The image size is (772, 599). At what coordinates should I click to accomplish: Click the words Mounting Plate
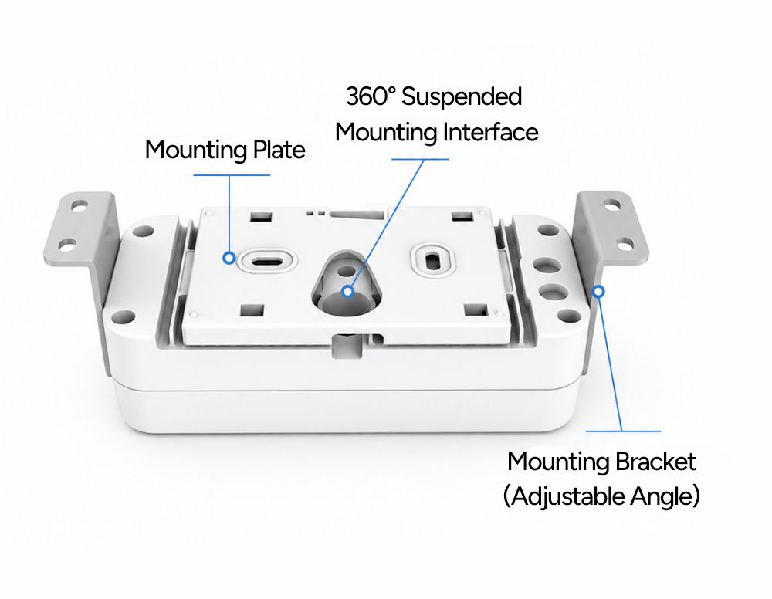coord(225,150)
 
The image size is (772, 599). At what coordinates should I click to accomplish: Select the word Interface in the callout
coord(490,133)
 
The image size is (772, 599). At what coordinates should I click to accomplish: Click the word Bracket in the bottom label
coord(655,462)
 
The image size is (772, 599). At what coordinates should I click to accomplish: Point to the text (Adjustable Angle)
coord(601,496)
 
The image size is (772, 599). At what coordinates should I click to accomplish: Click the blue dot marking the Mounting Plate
coord(229,257)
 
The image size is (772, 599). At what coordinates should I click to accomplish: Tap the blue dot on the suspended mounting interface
coord(347,291)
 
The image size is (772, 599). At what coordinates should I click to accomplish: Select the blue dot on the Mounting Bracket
coord(598,291)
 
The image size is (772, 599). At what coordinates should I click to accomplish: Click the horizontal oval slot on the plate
coord(266,259)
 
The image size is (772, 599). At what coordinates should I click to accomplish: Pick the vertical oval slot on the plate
coord(433,260)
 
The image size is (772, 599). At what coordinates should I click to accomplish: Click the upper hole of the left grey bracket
coord(80,205)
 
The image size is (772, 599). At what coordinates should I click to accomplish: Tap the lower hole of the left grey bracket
coord(67,244)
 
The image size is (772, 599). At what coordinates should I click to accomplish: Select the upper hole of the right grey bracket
coord(612,205)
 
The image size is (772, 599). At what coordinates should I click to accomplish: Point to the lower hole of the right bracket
coord(625,244)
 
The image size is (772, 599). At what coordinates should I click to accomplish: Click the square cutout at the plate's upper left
coord(262,216)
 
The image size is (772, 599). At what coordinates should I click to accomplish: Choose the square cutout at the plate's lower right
coord(476,310)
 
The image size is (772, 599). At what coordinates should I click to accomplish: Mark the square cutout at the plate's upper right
coord(462,215)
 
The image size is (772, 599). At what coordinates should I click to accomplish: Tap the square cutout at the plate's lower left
coord(252,310)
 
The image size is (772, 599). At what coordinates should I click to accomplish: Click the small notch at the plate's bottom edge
coord(347,346)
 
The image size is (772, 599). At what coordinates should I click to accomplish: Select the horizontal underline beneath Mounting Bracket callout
coord(623,431)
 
